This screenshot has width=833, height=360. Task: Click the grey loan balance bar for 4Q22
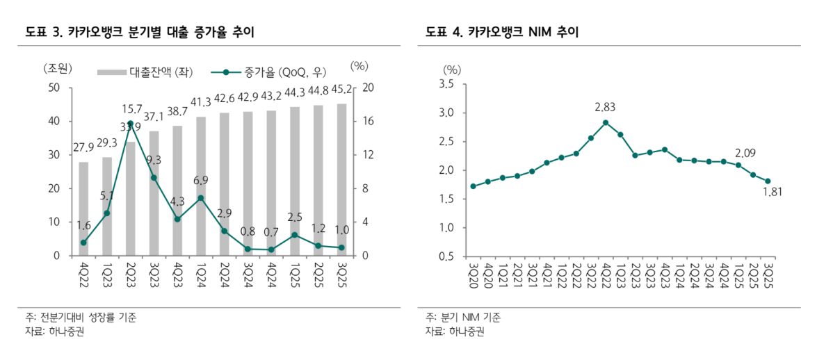click(83, 208)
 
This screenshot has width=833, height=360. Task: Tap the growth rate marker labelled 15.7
click(131, 123)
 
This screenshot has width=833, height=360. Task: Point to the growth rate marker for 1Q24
click(201, 198)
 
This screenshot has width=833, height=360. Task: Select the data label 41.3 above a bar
click(201, 102)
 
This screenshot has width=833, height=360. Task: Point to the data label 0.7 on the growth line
click(271, 231)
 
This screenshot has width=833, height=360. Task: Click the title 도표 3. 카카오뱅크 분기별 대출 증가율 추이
click(140, 32)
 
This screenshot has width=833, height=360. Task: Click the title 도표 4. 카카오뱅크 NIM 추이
click(502, 32)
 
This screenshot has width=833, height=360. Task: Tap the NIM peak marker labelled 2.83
click(606, 122)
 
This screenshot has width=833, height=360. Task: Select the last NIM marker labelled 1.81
click(768, 181)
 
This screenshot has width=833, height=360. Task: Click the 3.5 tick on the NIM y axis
click(446, 84)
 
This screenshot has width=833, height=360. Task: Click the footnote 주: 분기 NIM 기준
click(463, 318)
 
